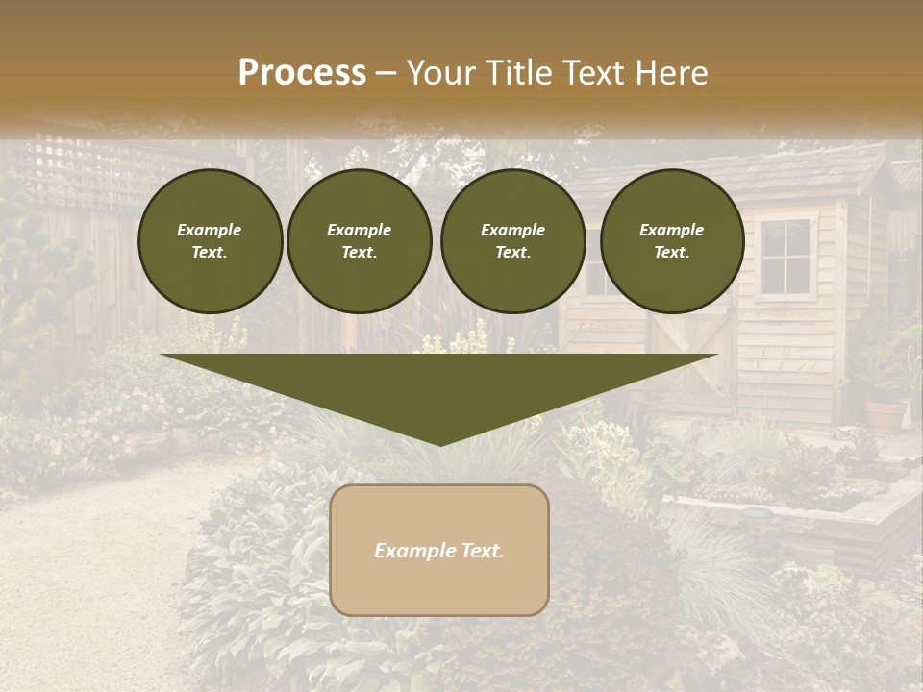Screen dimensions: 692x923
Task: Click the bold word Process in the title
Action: pos(302,73)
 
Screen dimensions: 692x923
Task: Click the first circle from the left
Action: pos(210,240)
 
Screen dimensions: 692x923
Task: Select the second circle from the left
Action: pos(360,240)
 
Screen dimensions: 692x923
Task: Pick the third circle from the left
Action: pos(512,240)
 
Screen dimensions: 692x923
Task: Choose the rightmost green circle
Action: pos(672,240)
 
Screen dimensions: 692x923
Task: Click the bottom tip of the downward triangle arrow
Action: pos(439,444)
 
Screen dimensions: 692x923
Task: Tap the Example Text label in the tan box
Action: pos(439,551)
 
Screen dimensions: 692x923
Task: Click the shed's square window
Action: pos(786,256)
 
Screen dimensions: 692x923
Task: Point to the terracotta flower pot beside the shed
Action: pos(885,415)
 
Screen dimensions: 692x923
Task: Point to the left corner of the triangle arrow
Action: pos(163,356)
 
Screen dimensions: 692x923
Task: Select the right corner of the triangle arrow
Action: pos(715,356)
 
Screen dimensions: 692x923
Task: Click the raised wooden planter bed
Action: pos(798,509)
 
